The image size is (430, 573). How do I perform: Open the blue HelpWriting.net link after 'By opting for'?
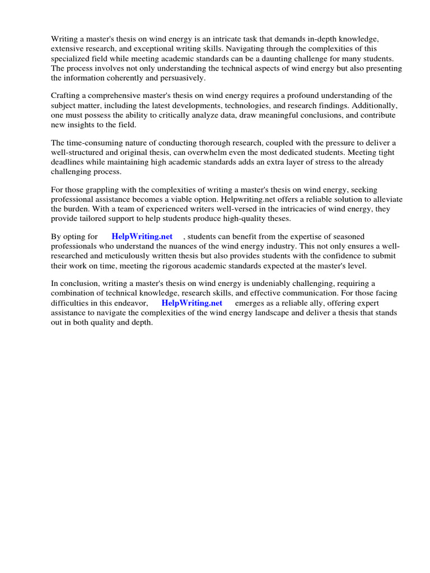click(x=142, y=237)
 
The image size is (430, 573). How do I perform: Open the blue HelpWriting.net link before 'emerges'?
click(x=191, y=303)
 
